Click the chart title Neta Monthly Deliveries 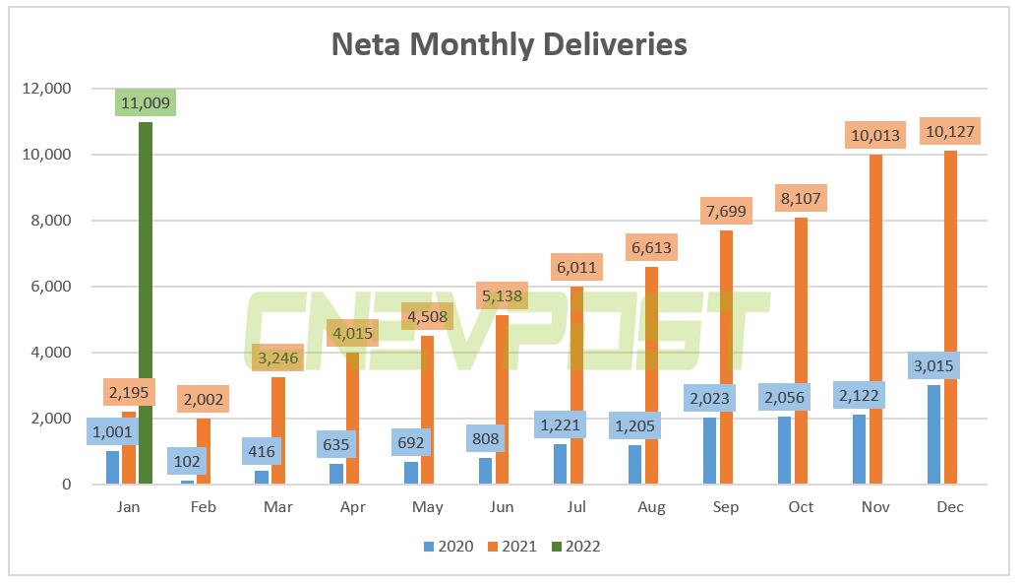[x=509, y=44]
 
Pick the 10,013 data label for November [x=875, y=136]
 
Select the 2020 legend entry [x=449, y=547]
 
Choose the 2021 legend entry [x=511, y=547]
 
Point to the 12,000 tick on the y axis [x=45, y=89]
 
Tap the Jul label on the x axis [x=576, y=507]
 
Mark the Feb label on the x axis [x=204, y=507]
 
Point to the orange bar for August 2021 [x=651, y=374]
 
